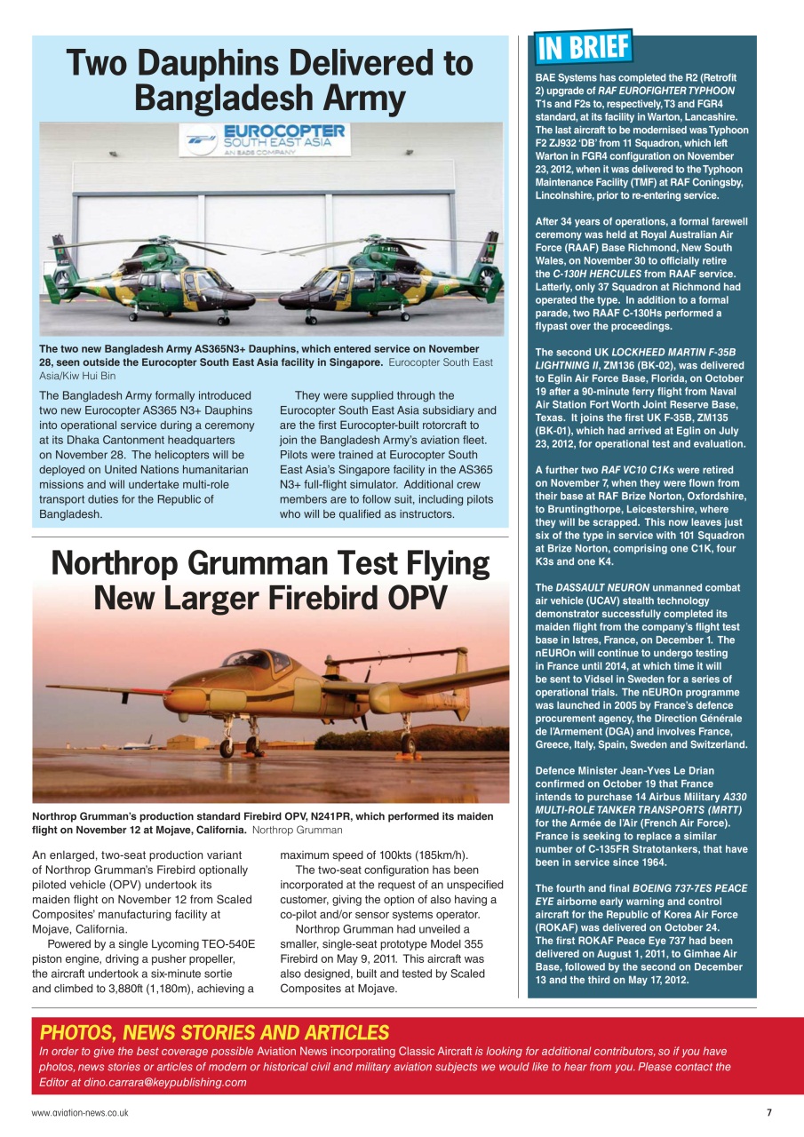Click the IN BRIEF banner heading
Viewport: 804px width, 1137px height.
tap(583, 48)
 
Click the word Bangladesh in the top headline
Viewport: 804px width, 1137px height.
tap(227, 98)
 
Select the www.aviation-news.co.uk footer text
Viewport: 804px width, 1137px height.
tap(80, 1113)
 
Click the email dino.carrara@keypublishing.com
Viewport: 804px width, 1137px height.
tap(165, 1082)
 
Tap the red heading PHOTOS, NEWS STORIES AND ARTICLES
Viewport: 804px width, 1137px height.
tap(214, 1032)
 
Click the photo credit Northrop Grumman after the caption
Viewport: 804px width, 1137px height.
tap(297, 830)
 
